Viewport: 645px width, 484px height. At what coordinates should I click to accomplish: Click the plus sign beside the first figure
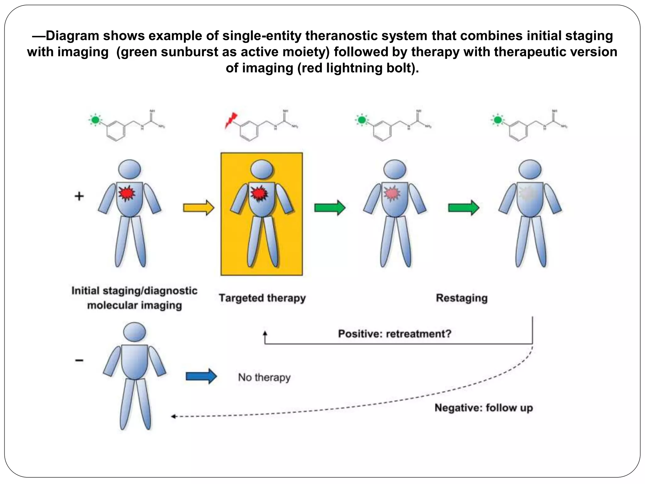[x=79, y=196]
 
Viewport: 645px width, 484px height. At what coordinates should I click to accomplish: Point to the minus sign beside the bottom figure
[x=79, y=360]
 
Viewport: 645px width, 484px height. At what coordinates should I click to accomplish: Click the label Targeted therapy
[x=262, y=298]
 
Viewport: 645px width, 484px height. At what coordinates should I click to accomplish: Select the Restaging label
[x=461, y=298]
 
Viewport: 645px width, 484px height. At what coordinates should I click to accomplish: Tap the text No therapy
[x=264, y=377]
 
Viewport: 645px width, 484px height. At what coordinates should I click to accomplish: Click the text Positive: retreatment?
[x=395, y=334]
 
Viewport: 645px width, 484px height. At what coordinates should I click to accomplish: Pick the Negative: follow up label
[x=483, y=408]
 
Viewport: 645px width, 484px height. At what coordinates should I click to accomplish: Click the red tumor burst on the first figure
[x=127, y=193]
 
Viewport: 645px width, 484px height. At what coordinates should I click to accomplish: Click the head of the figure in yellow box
[x=262, y=170]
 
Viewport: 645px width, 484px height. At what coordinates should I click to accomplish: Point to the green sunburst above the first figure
[x=95, y=120]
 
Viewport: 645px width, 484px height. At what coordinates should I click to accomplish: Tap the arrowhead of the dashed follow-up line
[x=173, y=417]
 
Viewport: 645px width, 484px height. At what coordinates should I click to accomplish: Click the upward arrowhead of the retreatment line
[x=265, y=333]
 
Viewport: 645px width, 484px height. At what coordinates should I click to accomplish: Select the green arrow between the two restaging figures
[x=464, y=208]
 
